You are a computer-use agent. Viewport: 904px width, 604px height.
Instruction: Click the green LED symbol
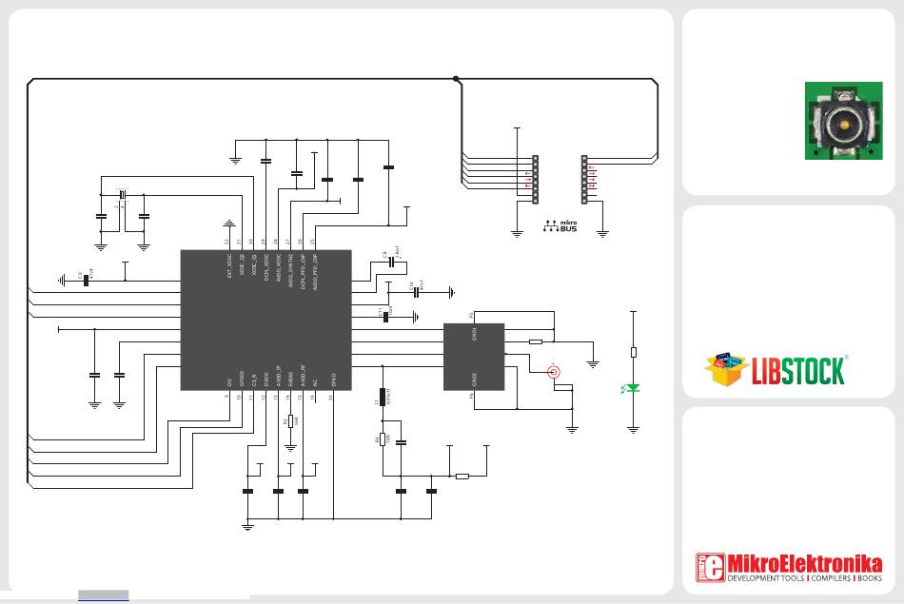click(x=634, y=387)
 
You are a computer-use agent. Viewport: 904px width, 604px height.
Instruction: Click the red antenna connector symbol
click(x=551, y=372)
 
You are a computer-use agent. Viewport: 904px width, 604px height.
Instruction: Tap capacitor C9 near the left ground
click(x=85, y=279)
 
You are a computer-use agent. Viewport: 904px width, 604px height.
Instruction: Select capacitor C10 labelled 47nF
click(x=416, y=291)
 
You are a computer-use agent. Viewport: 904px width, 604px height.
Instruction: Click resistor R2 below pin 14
click(x=291, y=421)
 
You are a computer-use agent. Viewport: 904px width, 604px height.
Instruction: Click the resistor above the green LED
click(x=634, y=352)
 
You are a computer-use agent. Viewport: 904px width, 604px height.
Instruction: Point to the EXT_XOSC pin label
click(x=228, y=267)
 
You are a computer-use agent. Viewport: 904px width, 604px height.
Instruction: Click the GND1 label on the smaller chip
click(x=474, y=334)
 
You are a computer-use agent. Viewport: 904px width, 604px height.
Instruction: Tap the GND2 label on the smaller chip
click(x=474, y=380)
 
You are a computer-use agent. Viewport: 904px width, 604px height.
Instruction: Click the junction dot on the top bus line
click(x=456, y=79)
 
